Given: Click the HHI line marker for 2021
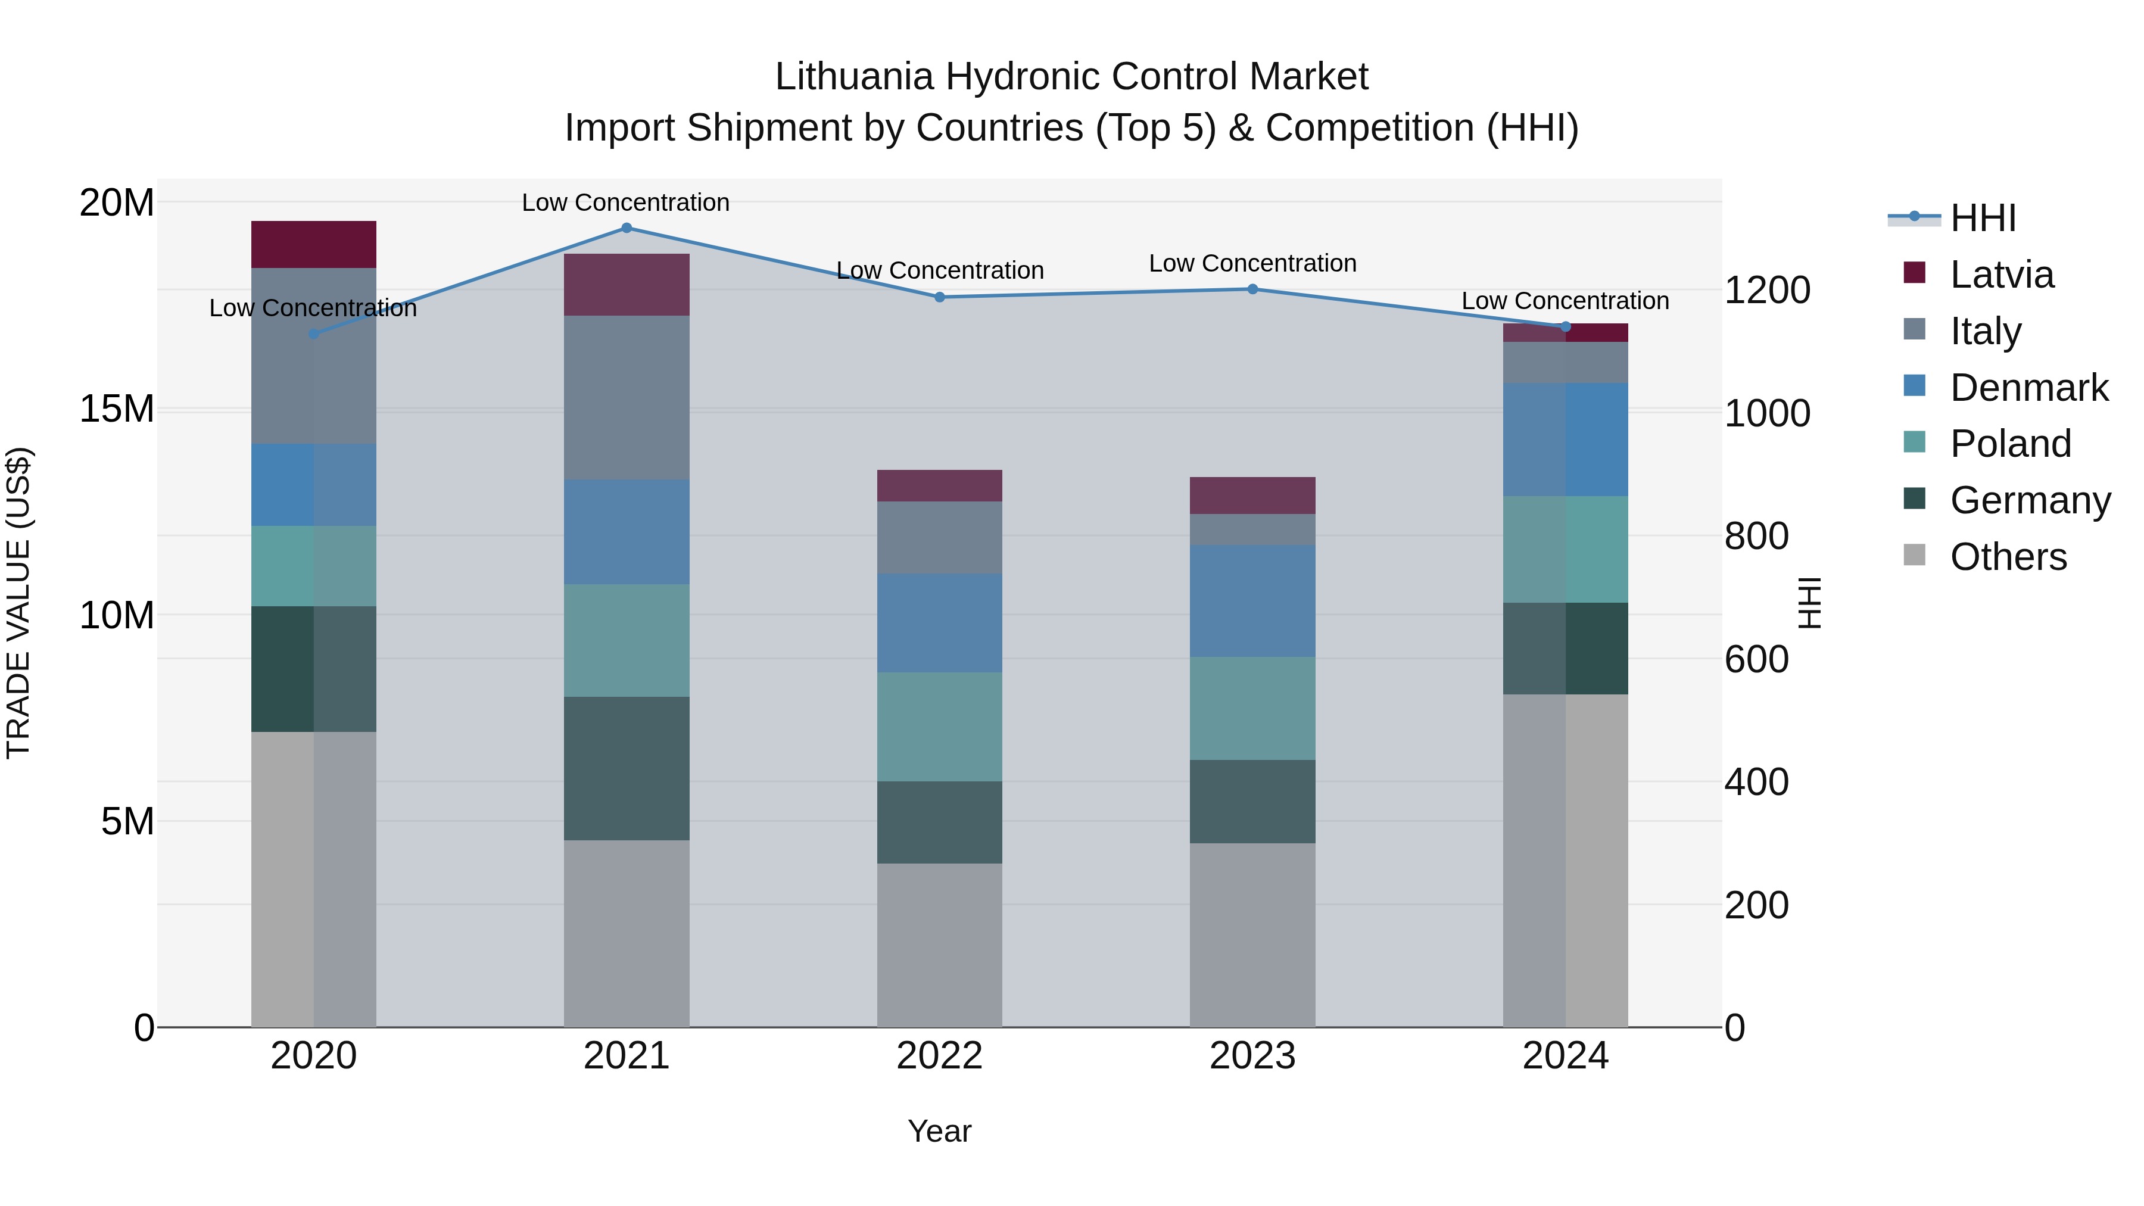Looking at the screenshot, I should click(626, 228).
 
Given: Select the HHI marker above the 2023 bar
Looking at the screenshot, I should click(1252, 289).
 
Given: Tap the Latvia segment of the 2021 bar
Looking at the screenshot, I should click(626, 285).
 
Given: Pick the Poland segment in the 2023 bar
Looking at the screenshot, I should click(1252, 708).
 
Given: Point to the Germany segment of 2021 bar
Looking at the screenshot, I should click(626, 768).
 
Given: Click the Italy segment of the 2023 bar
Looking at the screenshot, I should click(1252, 529).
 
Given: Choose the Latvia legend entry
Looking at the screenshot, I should click(2001, 275).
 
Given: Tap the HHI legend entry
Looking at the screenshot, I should click(1983, 218).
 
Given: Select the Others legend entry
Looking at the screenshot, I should click(2008, 557).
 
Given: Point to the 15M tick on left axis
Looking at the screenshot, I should click(117, 410).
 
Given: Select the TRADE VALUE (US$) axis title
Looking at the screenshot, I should click(18, 603).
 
